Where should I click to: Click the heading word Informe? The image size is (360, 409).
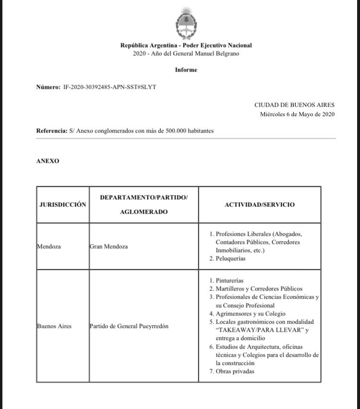pyautogui.click(x=186, y=70)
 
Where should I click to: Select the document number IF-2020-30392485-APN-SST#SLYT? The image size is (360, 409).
pyautogui.click(x=109, y=87)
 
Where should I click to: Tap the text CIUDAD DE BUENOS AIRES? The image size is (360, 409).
pyautogui.click(x=294, y=105)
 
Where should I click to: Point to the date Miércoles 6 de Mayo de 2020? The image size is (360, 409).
pyautogui.click(x=297, y=114)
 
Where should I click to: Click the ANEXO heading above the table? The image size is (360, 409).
pyautogui.click(x=48, y=161)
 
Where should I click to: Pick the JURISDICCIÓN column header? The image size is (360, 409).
pyautogui.click(x=63, y=204)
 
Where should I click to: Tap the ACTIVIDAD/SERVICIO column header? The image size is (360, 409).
pyautogui.click(x=260, y=204)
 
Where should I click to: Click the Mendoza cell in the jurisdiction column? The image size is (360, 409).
pyautogui.click(x=49, y=246)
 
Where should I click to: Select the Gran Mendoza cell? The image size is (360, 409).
pyautogui.click(x=109, y=246)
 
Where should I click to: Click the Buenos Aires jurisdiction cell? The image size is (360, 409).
pyautogui.click(x=54, y=326)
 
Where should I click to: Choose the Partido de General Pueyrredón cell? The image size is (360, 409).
pyautogui.click(x=129, y=326)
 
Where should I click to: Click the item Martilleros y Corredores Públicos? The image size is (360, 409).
pyautogui.click(x=259, y=289)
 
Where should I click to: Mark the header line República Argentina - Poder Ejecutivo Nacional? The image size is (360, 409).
pyautogui.click(x=186, y=45)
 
